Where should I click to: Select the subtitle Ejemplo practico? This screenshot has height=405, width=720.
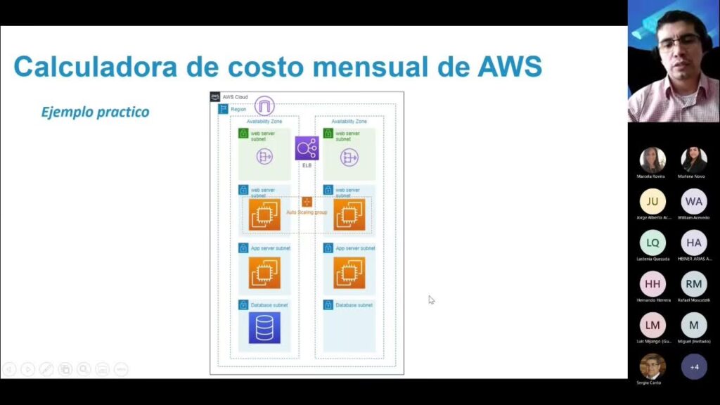click(x=95, y=112)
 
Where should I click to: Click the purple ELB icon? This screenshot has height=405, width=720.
click(x=307, y=148)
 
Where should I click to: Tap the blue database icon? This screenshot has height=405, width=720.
click(x=264, y=328)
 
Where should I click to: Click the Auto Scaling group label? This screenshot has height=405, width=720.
click(x=307, y=212)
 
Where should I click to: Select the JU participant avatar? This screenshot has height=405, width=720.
click(x=652, y=202)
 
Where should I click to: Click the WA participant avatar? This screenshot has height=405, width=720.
click(x=694, y=202)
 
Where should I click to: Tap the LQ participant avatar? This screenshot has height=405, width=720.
click(x=652, y=243)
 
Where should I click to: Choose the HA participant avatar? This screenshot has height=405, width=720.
click(x=694, y=243)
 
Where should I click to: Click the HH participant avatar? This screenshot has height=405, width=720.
click(x=652, y=284)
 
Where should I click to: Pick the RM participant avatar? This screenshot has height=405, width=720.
click(x=694, y=284)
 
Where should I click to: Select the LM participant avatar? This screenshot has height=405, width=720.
click(x=652, y=325)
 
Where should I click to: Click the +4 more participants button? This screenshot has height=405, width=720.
click(x=694, y=366)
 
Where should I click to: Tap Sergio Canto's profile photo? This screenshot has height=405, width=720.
click(x=652, y=366)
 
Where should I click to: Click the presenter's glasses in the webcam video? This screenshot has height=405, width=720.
click(x=679, y=43)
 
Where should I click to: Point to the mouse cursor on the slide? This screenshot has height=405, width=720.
click(x=431, y=300)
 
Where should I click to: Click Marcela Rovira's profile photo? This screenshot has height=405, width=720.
click(x=652, y=160)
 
